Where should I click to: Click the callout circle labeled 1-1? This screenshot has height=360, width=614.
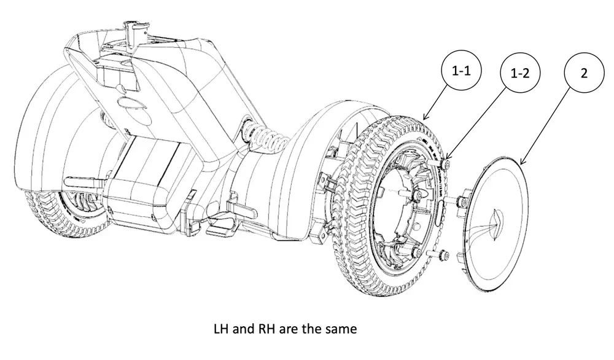[x=462, y=70]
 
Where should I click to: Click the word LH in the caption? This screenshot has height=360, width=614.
[x=222, y=329]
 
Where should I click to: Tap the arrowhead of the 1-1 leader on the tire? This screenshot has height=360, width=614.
[x=425, y=117]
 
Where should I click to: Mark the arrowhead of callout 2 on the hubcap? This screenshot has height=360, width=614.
[x=521, y=163]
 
